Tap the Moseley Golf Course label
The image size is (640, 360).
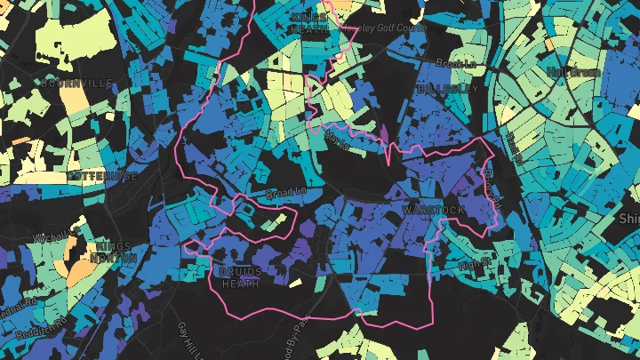click(377, 28)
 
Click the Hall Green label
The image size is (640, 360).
click(574, 71)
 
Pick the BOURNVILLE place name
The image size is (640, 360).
click(76, 83)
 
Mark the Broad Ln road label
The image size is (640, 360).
click(284, 192)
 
